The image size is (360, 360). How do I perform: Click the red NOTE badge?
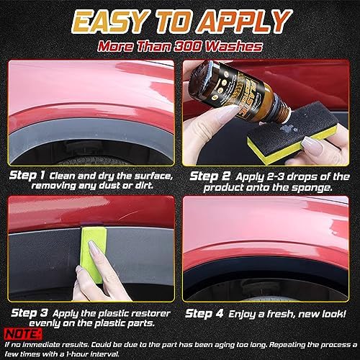point(19,333)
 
